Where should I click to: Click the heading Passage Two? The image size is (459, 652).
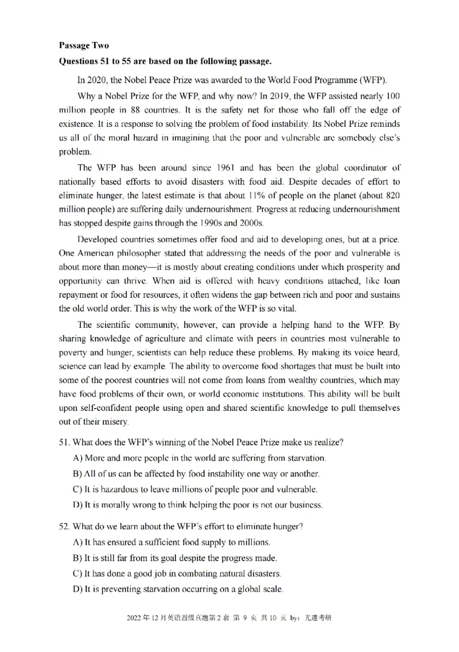pyautogui.click(x=84, y=45)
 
